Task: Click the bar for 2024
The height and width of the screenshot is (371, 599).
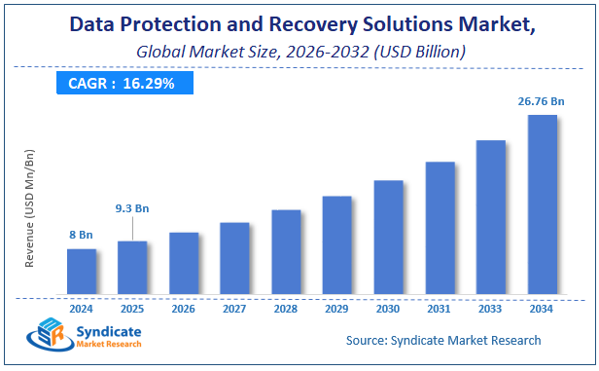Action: [x=82, y=271]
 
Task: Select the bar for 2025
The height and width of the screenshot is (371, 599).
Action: [x=132, y=267]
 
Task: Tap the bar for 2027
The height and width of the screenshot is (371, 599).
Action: [x=234, y=257]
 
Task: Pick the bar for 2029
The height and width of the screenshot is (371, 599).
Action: [x=336, y=244]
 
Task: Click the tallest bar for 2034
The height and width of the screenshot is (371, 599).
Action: [x=542, y=204]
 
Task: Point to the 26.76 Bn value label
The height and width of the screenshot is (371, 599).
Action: [x=537, y=100]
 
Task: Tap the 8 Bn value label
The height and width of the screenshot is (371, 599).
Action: [x=82, y=234]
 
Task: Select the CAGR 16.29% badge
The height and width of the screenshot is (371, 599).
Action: [x=121, y=84]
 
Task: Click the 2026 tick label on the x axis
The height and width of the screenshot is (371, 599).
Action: [x=184, y=309]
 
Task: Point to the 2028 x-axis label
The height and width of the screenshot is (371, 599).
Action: [x=286, y=309]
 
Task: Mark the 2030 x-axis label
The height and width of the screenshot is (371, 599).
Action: [x=388, y=309]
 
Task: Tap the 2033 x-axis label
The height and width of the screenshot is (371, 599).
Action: [x=490, y=309]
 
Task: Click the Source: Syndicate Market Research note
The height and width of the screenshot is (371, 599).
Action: [x=443, y=341]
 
